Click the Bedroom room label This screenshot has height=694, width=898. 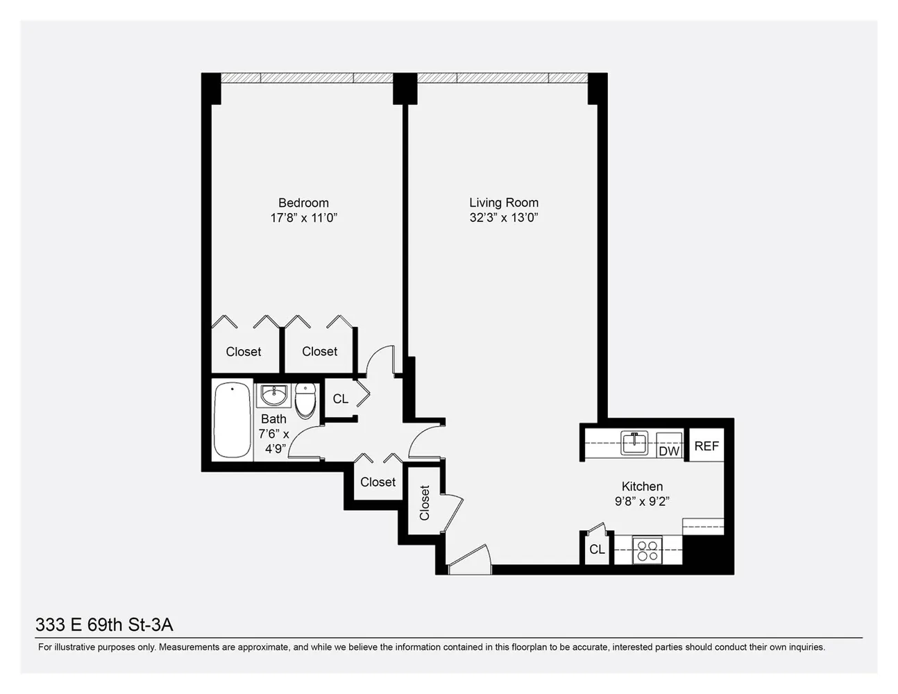pyautogui.click(x=303, y=203)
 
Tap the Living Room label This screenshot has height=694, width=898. pyautogui.click(x=504, y=203)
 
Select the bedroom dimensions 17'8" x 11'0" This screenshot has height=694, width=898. pyautogui.click(x=303, y=218)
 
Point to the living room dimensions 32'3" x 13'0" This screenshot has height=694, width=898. pyautogui.click(x=504, y=217)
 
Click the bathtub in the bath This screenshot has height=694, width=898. pyautogui.click(x=232, y=420)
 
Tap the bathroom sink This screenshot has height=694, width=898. pyautogui.click(x=273, y=396)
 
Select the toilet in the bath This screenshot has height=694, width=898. pyautogui.click(x=305, y=401)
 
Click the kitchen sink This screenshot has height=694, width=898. pyautogui.click(x=634, y=442)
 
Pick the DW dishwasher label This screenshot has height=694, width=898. pyautogui.click(x=669, y=451)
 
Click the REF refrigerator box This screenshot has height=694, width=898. pyautogui.click(x=706, y=446)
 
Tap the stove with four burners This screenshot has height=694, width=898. pyautogui.click(x=647, y=551)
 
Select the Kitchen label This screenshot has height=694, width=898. pyautogui.click(x=642, y=486)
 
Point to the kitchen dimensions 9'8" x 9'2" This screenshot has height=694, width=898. pyautogui.click(x=642, y=501)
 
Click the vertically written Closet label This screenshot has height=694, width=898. pyautogui.click(x=425, y=502)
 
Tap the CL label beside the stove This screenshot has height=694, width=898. pyautogui.click(x=597, y=550)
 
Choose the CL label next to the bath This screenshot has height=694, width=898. pyautogui.click(x=340, y=399)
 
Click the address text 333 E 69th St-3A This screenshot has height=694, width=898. pyautogui.click(x=104, y=625)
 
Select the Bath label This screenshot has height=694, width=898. pyautogui.click(x=273, y=419)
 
